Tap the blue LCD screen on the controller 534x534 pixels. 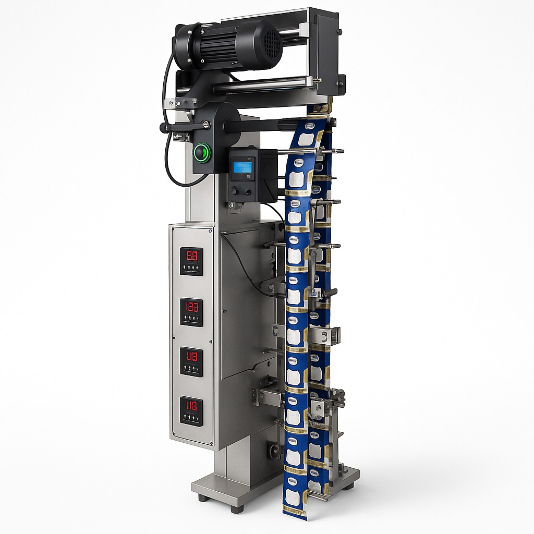[241, 167]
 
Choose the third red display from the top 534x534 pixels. [191, 357]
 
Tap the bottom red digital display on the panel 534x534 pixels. [191, 406]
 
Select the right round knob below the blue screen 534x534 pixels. [247, 191]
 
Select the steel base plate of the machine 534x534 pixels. [219, 488]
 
